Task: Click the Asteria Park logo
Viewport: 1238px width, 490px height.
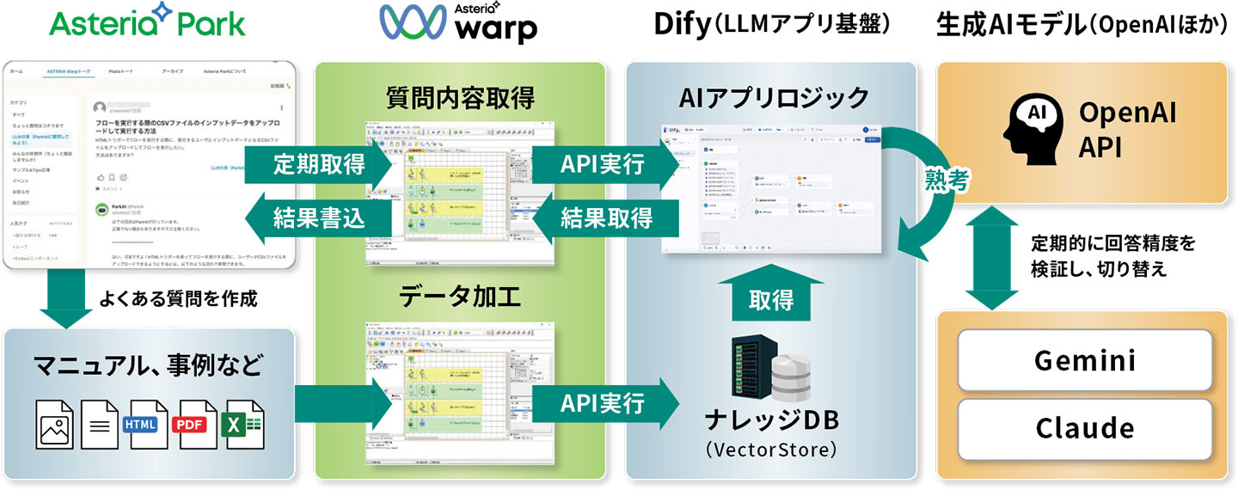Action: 147,22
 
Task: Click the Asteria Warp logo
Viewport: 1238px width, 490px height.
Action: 458,24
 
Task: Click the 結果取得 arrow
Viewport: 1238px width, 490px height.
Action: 602,217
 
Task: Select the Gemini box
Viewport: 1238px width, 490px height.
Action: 1084,361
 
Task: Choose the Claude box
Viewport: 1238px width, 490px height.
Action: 1084,427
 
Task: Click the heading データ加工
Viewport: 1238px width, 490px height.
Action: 459,298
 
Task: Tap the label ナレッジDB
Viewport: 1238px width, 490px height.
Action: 770,421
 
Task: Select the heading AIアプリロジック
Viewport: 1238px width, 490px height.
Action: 774,98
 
